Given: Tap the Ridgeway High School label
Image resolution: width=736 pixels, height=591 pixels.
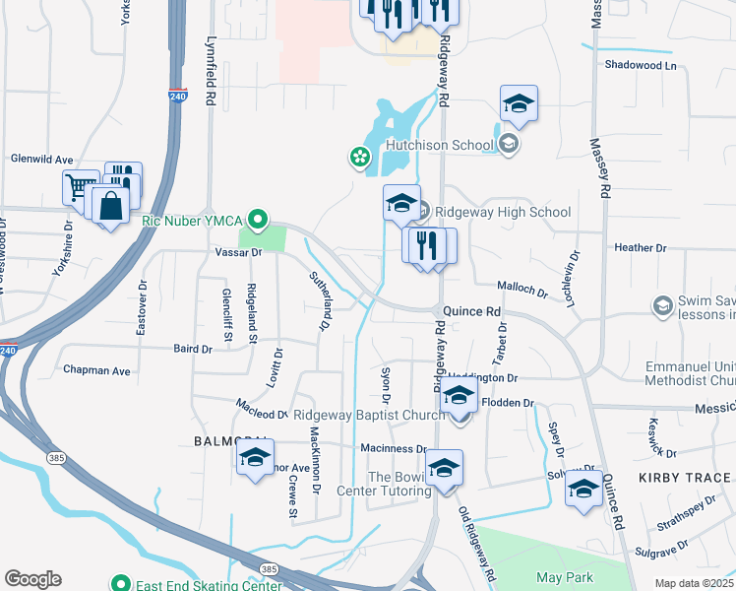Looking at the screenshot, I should pyautogui.click(x=502, y=212).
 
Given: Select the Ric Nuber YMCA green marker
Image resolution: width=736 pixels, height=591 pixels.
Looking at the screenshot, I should pyautogui.click(x=259, y=219).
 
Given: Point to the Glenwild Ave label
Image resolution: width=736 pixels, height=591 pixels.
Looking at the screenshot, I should pyautogui.click(x=41, y=159).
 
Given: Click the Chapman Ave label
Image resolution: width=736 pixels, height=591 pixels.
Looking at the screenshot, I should pyautogui.click(x=96, y=371).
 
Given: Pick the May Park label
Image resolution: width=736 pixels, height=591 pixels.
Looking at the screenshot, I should pyautogui.click(x=562, y=576).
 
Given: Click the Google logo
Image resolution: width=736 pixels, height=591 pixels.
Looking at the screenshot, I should pyautogui.click(x=32, y=579).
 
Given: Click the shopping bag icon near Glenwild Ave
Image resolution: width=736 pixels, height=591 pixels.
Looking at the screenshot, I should pyautogui.click(x=111, y=206).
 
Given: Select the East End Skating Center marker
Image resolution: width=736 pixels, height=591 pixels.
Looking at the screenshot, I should pyautogui.click(x=121, y=582).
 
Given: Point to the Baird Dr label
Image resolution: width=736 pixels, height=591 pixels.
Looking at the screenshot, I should pyautogui.click(x=193, y=349).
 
